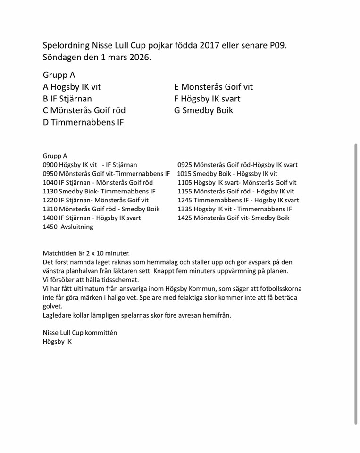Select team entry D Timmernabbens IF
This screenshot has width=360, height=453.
coord(84,123)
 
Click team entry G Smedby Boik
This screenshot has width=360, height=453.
coord(203,110)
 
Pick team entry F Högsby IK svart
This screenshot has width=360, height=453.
coord(207,99)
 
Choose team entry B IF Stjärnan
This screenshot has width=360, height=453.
coord(67,99)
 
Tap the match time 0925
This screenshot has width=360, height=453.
coord(185,165)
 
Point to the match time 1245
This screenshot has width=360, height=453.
coord(185,200)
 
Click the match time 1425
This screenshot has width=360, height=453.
coord(185,218)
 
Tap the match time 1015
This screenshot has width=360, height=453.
coord(185,174)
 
